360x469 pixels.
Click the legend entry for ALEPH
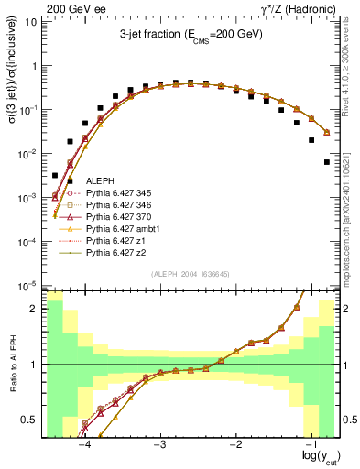click(x=86, y=183)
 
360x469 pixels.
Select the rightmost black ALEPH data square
click(x=327, y=162)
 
